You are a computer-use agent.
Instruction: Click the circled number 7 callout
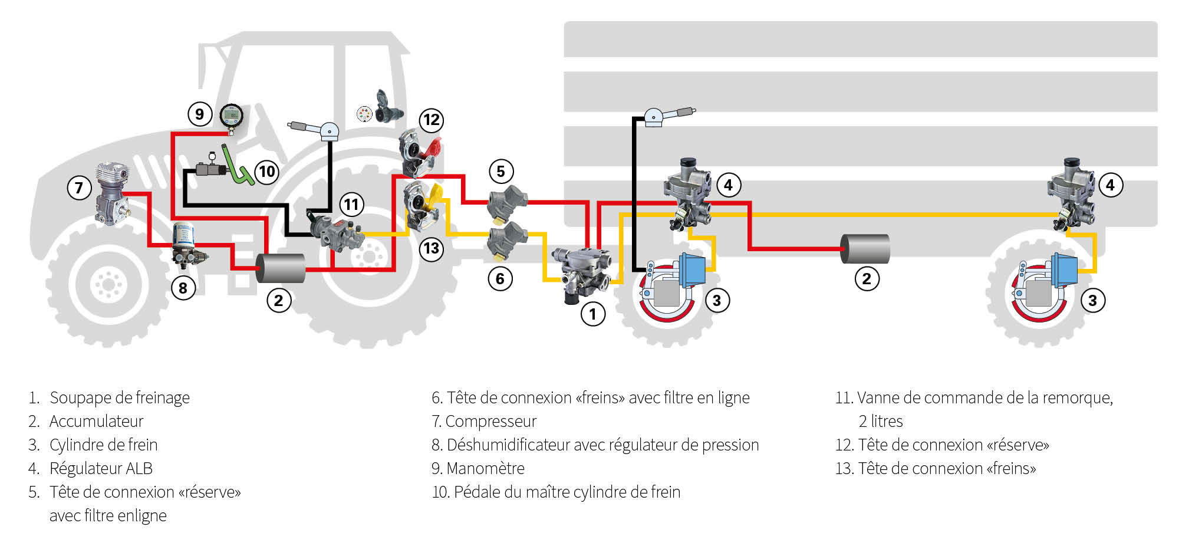[79, 188]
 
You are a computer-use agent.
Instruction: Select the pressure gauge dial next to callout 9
[231, 116]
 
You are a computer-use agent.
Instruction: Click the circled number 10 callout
[267, 172]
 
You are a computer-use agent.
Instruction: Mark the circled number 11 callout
[351, 205]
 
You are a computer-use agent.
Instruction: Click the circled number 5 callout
[501, 172]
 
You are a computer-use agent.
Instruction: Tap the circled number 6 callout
[500, 278]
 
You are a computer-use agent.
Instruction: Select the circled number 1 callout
[593, 314]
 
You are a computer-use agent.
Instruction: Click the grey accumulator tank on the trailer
[865, 249]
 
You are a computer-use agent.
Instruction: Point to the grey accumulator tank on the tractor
[281, 268]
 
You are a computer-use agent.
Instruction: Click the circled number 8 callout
[183, 288]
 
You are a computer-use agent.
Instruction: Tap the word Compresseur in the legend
[490, 421]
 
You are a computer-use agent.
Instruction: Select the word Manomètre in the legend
[485, 468]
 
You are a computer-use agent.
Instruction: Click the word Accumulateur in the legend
[96, 421]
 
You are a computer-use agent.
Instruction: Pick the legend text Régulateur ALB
[101, 468]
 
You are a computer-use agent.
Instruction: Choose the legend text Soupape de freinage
[120, 397]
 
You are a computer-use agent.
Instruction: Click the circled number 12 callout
[432, 120]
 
